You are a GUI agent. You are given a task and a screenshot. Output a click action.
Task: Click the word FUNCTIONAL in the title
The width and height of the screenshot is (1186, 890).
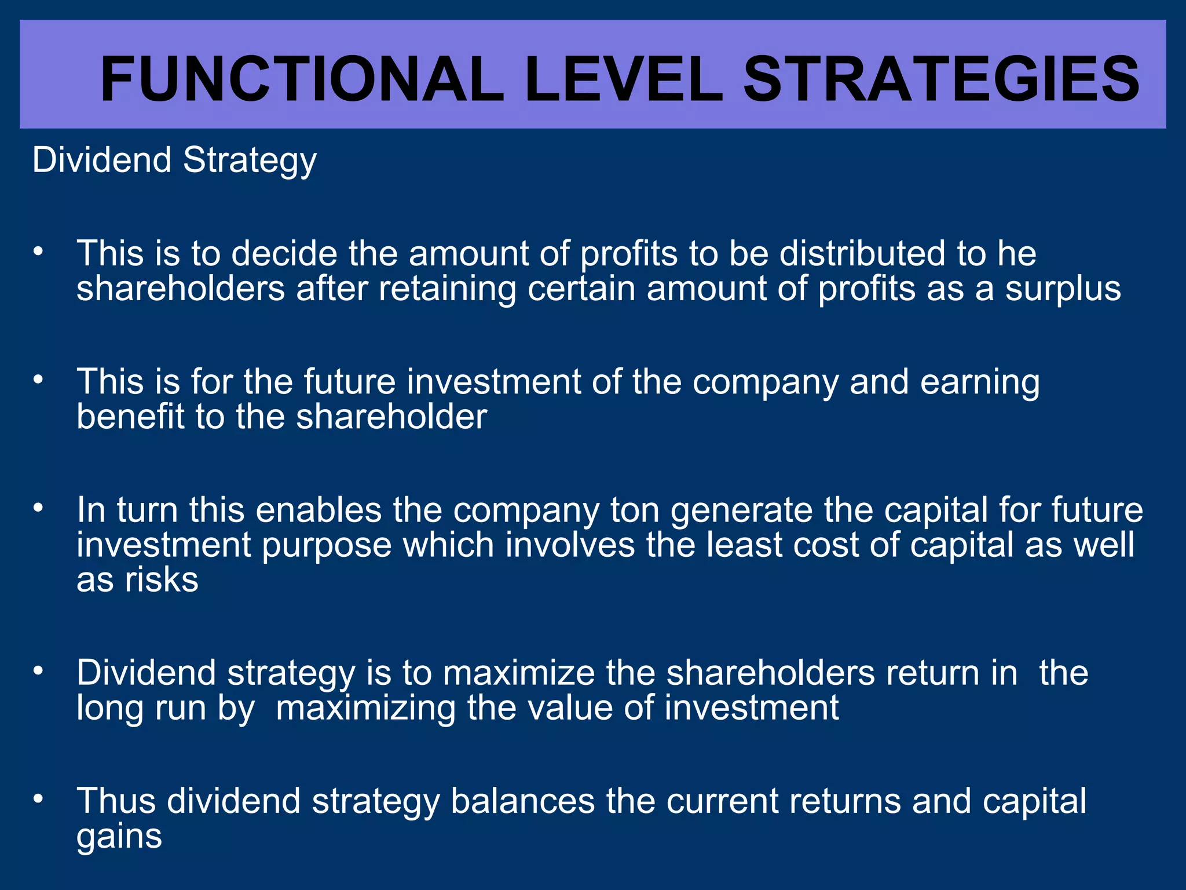coord(302,79)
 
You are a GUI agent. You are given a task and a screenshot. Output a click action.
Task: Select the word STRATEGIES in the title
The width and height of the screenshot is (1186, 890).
coord(941,79)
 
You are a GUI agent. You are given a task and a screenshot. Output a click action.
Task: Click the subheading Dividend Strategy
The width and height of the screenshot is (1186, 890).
coord(174,161)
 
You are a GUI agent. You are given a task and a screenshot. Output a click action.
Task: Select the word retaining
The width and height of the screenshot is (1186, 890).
coord(447,290)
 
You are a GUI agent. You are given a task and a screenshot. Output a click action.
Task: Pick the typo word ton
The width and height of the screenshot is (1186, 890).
coord(635,510)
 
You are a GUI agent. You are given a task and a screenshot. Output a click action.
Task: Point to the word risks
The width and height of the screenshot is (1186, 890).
coord(162,580)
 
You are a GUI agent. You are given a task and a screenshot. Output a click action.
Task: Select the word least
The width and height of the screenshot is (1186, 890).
coord(744,545)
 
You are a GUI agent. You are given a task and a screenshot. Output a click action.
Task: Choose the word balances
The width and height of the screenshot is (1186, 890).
coord(522,801)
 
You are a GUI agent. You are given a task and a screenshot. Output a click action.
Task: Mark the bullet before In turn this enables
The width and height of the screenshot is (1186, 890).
coord(38,508)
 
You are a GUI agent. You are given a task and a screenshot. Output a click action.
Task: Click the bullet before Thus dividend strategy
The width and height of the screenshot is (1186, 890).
coord(38,799)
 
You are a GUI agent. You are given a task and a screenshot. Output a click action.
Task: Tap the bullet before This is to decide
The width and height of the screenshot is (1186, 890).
coord(38,252)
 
